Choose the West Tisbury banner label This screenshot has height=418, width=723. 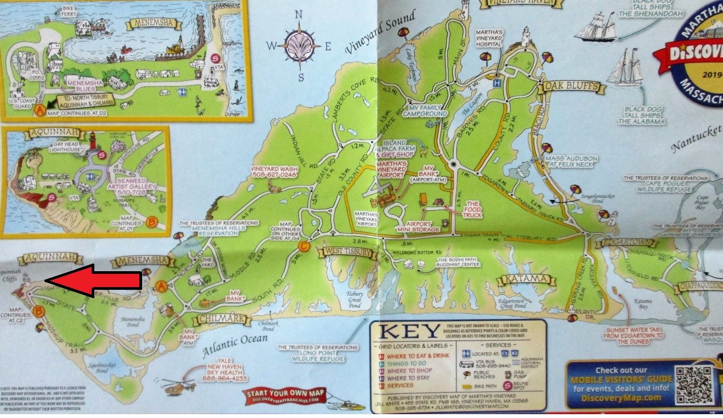(x=349, y=252)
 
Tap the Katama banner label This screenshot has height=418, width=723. (x=523, y=280)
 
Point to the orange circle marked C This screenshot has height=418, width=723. (x=304, y=247)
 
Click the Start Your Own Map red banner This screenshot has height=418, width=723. (x=286, y=396)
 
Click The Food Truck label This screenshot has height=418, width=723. (x=472, y=210)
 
